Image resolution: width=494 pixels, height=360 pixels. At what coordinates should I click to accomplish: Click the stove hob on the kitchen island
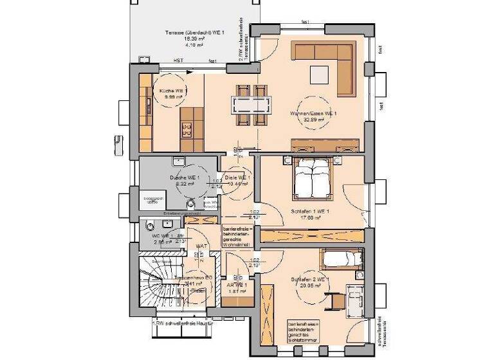[187, 129]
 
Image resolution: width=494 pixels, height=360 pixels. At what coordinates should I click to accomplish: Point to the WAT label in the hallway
[201, 246]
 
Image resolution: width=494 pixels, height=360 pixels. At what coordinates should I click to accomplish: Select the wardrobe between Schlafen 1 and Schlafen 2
[313, 235]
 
